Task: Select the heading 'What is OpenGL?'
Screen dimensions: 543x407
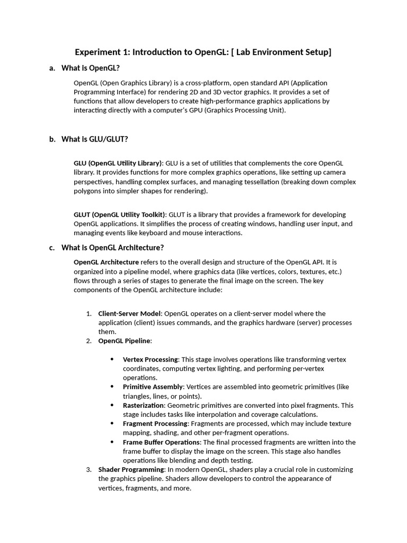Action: pyautogui.click(x=91, y=68)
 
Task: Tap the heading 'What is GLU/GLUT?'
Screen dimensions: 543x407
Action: pyautogui.click(x=95, y=139)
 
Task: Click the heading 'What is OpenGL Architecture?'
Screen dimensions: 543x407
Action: pyautogui.click(x=113, y=247)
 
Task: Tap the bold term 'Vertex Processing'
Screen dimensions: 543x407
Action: pyautogui.click(x=151, y=360)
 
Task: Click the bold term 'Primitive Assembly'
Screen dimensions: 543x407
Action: pyautogui.click(x=153, y=387)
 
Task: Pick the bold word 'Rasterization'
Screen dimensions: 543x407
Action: pyautogui.click(x=144, y=405)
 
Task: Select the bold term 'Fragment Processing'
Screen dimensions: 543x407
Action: pyautogui.click(x=155, y=424)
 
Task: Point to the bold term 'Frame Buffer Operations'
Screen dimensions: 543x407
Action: pyautogui.click(x=162, y=442)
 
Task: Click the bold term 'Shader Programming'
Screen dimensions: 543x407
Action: pyautogui.click(x=131, y=469)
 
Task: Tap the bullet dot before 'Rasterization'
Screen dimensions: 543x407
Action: pyautogui.click(x=112, y=405)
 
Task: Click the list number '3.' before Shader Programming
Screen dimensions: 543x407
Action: pyautogui.click(x=89, y=469)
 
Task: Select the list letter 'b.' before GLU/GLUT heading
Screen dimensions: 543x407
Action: pyautogui.click(x=52, y=139)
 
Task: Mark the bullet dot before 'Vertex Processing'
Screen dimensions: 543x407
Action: pyautogui.click(x=112, y=360)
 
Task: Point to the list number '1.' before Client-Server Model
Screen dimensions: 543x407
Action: pyautogui.click(x=89, y=313)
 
